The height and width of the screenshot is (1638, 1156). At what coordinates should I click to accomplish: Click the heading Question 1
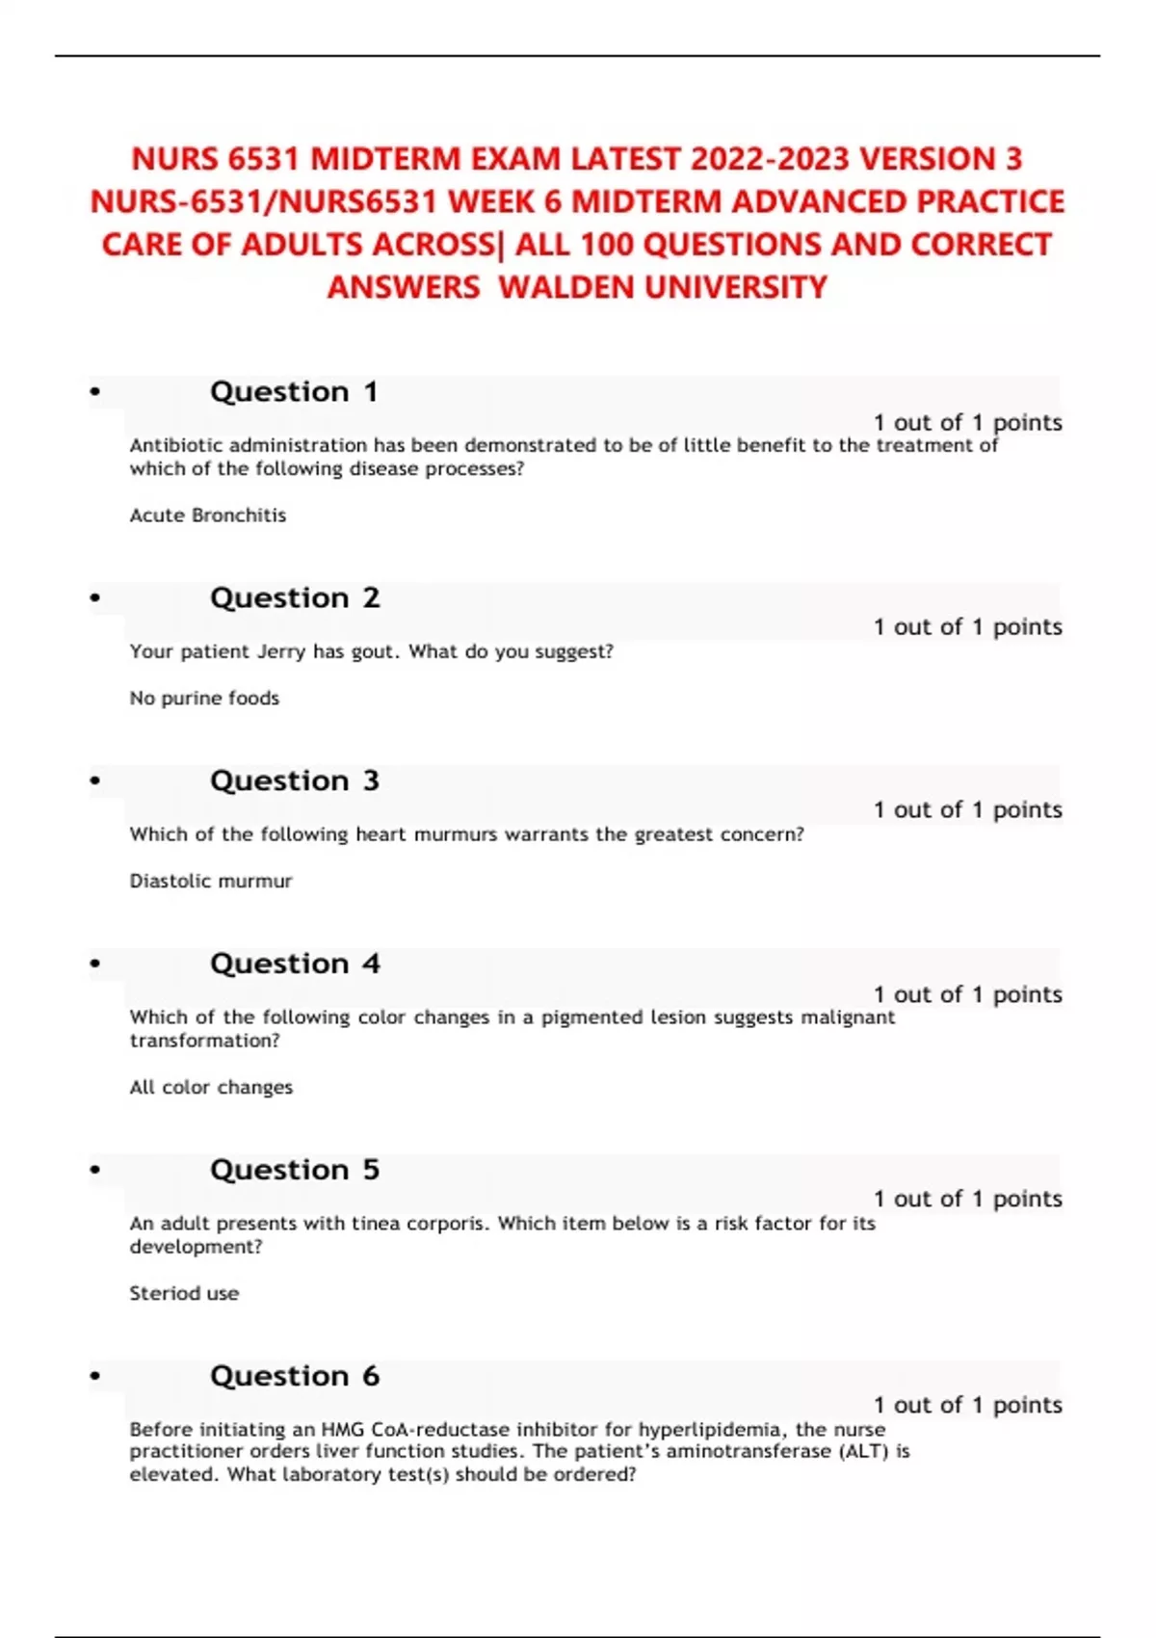coord(294,392)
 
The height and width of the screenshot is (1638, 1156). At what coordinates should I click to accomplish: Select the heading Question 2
coord(295,598)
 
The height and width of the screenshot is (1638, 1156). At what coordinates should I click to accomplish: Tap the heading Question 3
coord(295,781)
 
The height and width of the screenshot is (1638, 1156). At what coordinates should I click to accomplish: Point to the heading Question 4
coord(295,964)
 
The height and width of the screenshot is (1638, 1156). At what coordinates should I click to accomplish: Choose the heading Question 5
coord(295,1171)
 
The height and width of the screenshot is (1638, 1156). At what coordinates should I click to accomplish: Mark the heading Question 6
coord(295,1377)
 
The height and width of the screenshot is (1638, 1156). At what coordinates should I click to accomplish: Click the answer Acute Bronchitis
coord(208,515)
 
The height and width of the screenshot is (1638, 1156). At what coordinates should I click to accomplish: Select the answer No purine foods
coord(204,699)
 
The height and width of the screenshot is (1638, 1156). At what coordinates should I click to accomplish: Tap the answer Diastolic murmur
coord(211,882)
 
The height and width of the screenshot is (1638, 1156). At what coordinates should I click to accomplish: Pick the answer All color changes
coord(211,1088)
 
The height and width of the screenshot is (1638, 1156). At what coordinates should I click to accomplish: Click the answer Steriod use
coord(184,1294)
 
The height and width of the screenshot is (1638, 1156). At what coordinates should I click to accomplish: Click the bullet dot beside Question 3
coord(94,781)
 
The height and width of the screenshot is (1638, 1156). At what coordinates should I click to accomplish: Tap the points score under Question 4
coord(967,994)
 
